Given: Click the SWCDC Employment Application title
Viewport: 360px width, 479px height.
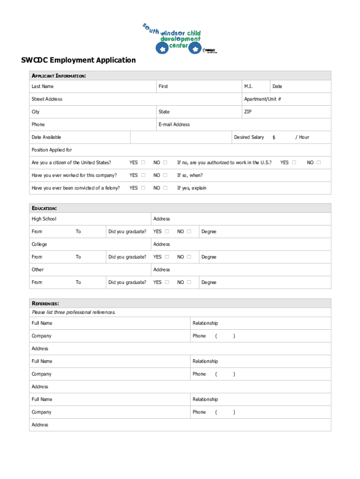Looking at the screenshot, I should [78, 60].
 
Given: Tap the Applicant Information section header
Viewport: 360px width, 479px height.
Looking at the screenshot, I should [58, 76].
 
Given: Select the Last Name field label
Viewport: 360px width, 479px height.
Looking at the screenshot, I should [43, 87].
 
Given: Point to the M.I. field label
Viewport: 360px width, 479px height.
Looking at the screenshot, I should [248, 87].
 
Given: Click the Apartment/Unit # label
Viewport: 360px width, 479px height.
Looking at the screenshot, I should [262, 99].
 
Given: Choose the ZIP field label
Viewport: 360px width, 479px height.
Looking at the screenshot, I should [248, 112].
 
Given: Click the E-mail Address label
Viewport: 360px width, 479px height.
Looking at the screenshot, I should [174, 124].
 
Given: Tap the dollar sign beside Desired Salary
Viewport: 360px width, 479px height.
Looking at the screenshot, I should [274, 137].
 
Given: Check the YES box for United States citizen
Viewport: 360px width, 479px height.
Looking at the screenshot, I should [143, 163].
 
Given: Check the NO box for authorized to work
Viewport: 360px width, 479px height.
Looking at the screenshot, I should [318, 163].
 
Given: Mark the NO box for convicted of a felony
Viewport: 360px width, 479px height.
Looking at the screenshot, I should [165, 188].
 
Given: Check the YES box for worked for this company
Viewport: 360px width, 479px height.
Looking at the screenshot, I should [143, 175].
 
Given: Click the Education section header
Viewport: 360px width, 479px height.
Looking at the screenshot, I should [44, 208].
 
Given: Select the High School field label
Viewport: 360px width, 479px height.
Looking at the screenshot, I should [44, 219].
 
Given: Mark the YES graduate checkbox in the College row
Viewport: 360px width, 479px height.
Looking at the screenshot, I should [167, 257].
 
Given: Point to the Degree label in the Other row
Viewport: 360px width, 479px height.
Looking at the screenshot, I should [209, 282].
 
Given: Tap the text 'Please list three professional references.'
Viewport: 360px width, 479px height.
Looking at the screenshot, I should [73, 312].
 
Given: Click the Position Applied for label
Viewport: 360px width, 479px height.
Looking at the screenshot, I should [52, 150].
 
